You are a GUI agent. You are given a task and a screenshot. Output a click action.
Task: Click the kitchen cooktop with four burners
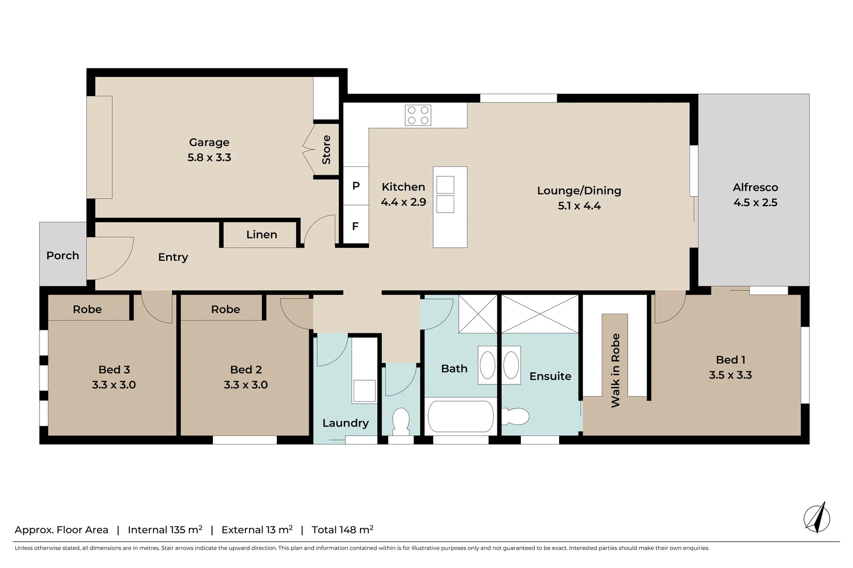click(418, 115)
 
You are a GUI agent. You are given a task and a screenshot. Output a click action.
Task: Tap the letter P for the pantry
click(356, 186)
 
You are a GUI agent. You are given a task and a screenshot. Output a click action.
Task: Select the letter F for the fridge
click(356, 226)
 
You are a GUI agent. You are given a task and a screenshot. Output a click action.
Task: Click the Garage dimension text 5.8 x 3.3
click(209, 157)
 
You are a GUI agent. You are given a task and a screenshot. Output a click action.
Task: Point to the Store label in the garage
click(326, 150)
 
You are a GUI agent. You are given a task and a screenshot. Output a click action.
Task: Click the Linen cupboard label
click(262, 235)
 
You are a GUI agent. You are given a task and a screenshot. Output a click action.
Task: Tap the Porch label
click(63, 256)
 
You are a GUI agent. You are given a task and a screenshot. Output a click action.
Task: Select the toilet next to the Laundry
click(401, 421)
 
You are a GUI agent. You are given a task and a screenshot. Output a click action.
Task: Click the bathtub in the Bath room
click(461, 417)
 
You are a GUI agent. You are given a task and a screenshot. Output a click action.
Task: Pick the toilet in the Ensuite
click(516, 417)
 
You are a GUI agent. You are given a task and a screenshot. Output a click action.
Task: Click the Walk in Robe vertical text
click(615, 370)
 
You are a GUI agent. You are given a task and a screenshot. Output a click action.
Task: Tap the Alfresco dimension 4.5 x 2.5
click(755, 202)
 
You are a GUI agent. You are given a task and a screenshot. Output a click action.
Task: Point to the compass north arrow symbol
click(817, 518)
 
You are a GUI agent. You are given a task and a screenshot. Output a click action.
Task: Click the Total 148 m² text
click(343, 530)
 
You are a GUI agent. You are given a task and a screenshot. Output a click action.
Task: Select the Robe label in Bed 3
click(87, 309)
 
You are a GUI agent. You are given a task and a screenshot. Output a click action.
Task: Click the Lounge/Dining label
click(579, 191)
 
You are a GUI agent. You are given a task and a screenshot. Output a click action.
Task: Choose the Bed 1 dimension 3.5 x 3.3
click(730, 375)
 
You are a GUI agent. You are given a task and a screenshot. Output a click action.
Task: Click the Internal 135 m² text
click(165, 530)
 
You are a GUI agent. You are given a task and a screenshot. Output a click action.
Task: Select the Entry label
click(173, 257)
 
